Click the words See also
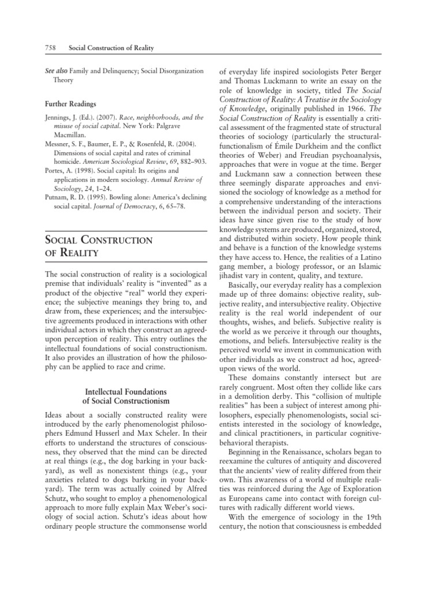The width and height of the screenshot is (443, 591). (57, 71)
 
